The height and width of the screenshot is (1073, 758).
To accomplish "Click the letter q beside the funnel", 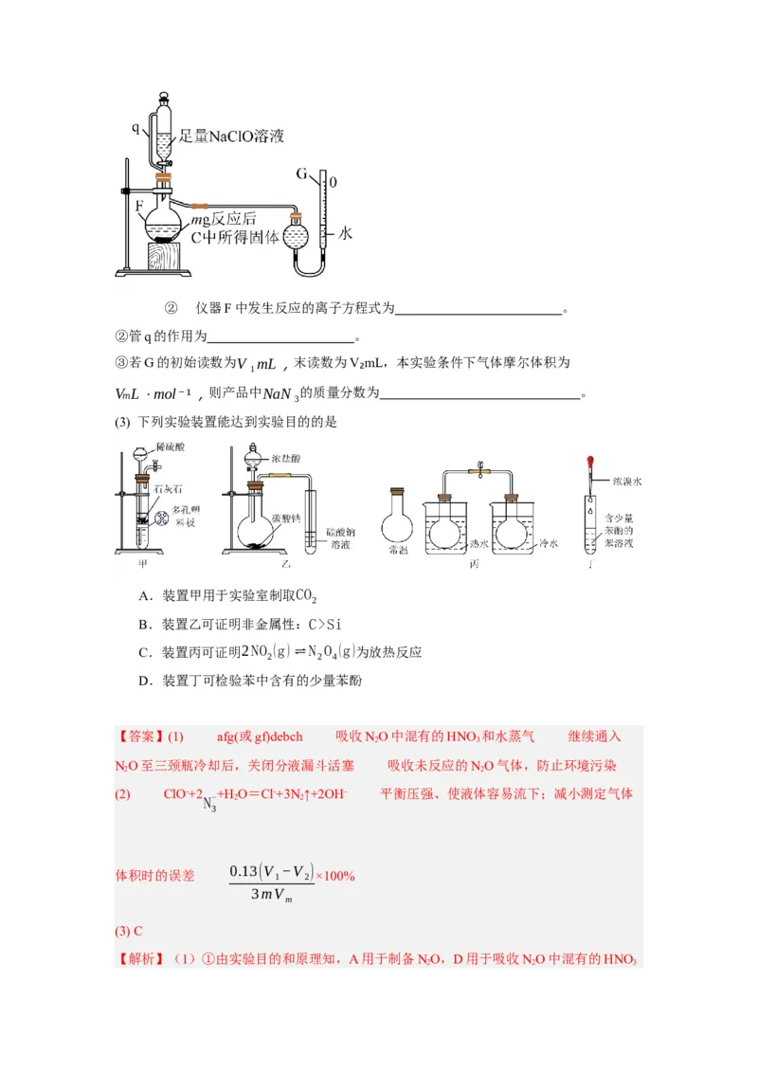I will click(135, 125).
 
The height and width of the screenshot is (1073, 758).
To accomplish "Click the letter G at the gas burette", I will click(302, 173).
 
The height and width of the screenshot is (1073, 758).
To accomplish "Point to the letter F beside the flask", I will click(140, 204).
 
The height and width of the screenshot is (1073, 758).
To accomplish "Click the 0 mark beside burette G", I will click(334, 181).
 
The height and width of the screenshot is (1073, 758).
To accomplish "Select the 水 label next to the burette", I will click(345, 232).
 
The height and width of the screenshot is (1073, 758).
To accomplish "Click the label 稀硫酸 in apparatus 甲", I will click(171, 458).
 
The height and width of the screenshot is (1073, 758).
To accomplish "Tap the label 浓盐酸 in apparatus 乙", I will click(285, 458).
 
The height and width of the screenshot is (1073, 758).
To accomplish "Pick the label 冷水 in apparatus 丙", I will click(548, 545).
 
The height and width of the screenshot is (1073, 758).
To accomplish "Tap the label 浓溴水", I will click(627, 482).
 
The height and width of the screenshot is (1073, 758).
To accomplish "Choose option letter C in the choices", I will click(143, 652).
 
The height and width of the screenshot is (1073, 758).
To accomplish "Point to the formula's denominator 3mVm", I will click(269, 895).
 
